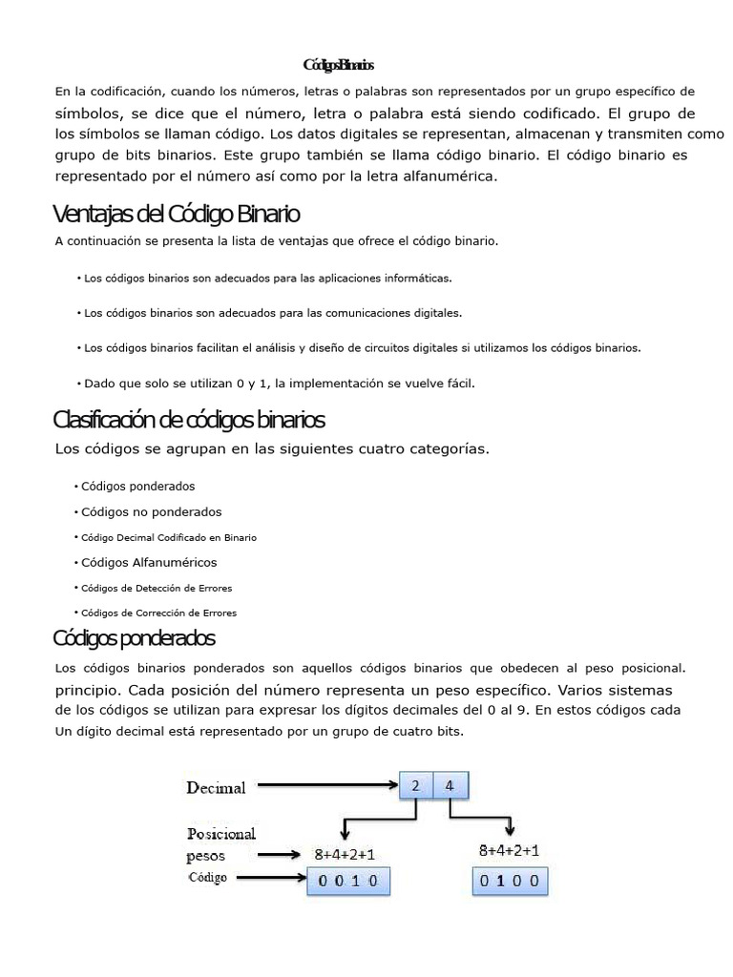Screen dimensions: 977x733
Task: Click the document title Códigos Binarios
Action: point(339,66)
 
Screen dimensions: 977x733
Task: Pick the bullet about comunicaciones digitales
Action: point(272,312)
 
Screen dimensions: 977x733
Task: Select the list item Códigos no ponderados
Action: point(151,511)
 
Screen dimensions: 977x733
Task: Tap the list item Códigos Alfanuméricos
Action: point(149,562)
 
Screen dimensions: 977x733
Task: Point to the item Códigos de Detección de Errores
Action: point(157,588)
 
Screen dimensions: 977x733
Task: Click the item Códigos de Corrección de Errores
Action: point(158,613)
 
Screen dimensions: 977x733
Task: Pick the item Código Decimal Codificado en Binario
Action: point(169,537)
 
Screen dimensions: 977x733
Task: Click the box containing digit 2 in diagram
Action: point(416,786)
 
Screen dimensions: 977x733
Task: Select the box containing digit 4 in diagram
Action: point(450,786)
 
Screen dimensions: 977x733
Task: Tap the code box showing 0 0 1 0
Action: point(347,883)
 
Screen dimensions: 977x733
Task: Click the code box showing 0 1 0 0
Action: point(511,883)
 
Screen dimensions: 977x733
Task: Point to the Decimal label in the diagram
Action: point(216,787)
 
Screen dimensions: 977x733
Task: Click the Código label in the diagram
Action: point(207,878)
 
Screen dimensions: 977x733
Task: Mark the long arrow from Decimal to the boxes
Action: point(327,786)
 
